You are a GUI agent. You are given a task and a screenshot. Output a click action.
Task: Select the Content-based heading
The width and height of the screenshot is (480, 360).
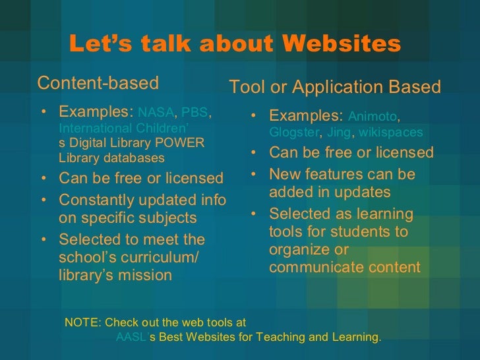pos(98,83)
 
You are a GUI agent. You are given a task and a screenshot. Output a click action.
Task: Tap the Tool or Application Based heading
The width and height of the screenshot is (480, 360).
pos(334,88)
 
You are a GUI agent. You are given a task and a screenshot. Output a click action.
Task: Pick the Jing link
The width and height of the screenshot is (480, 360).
pos(340,133)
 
